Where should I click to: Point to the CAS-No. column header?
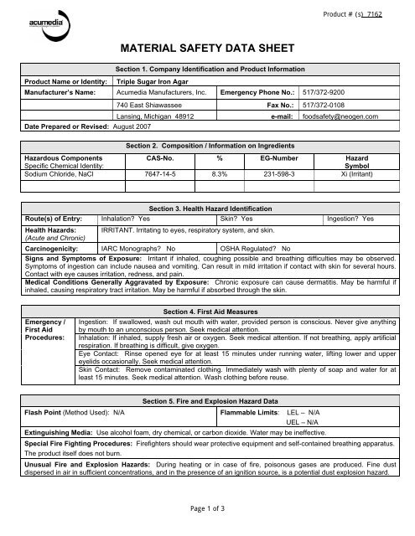tap(153, 157)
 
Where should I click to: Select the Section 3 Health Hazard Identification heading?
tap(207, 206)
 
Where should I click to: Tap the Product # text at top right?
tap(359, 14)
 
